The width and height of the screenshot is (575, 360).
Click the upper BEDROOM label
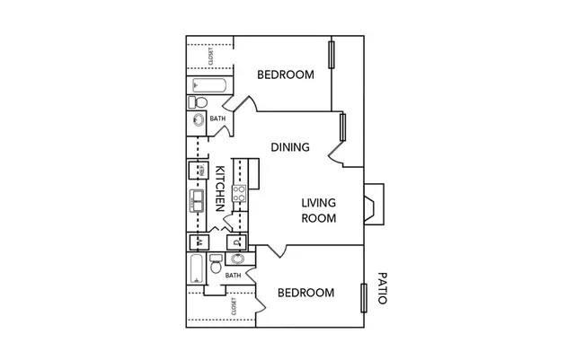[x=286, y=75]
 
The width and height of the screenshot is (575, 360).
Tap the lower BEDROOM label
[x=305, y=293]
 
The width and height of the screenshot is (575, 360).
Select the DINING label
[x=290, y=147]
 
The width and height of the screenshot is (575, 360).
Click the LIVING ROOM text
[x=319, y=210]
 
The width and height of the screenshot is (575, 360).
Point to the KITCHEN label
[x=219, y=189]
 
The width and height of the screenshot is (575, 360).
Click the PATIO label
[x=382, y=288]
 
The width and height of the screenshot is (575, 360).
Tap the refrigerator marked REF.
[x=199, y=170]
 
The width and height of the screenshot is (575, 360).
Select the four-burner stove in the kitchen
[x=239, y=194]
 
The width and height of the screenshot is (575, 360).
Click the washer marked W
[x=199, y=242]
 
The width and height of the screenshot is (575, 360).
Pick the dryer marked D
[x=237, y=242]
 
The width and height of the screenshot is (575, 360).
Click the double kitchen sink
[x=197, y=201]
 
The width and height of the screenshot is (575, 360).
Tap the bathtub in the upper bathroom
[x=209, y=85]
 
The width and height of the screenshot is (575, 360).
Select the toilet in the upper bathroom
[x=198, y=102]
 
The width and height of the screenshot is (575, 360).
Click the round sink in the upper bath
[x=199, y=119]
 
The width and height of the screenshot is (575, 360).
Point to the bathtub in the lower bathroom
[x=197, y=268]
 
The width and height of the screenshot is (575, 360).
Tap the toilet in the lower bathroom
[x=216, y=264]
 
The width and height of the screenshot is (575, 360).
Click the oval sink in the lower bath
[x=237, y=259]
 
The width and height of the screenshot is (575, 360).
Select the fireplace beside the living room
[x=374, y=204]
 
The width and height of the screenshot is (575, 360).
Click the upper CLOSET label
[x=210, y=57]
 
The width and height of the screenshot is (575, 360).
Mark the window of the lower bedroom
[x=364, y=298]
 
